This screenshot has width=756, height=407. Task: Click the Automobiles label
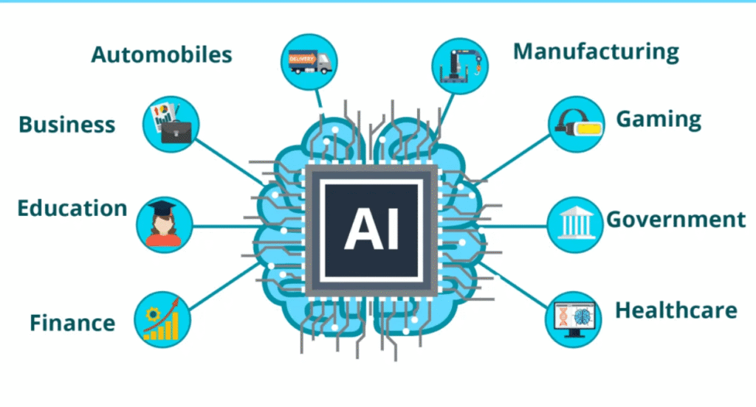click(161, 54)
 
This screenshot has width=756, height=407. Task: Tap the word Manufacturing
click(596, 51)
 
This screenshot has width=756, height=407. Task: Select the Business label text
click(67, 124)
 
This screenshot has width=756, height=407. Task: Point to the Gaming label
click(659, 119)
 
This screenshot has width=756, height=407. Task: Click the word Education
click(72, 208)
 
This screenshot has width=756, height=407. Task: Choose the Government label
click(676, 219)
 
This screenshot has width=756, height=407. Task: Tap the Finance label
click(72, 322)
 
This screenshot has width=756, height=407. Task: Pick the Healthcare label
click(676, 310)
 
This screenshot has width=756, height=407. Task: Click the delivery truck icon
click(308, 60)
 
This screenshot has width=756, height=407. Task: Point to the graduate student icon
click(165, 223)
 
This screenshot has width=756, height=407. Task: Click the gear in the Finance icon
click(153, 313)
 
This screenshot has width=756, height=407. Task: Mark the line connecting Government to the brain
click(517, 225)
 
